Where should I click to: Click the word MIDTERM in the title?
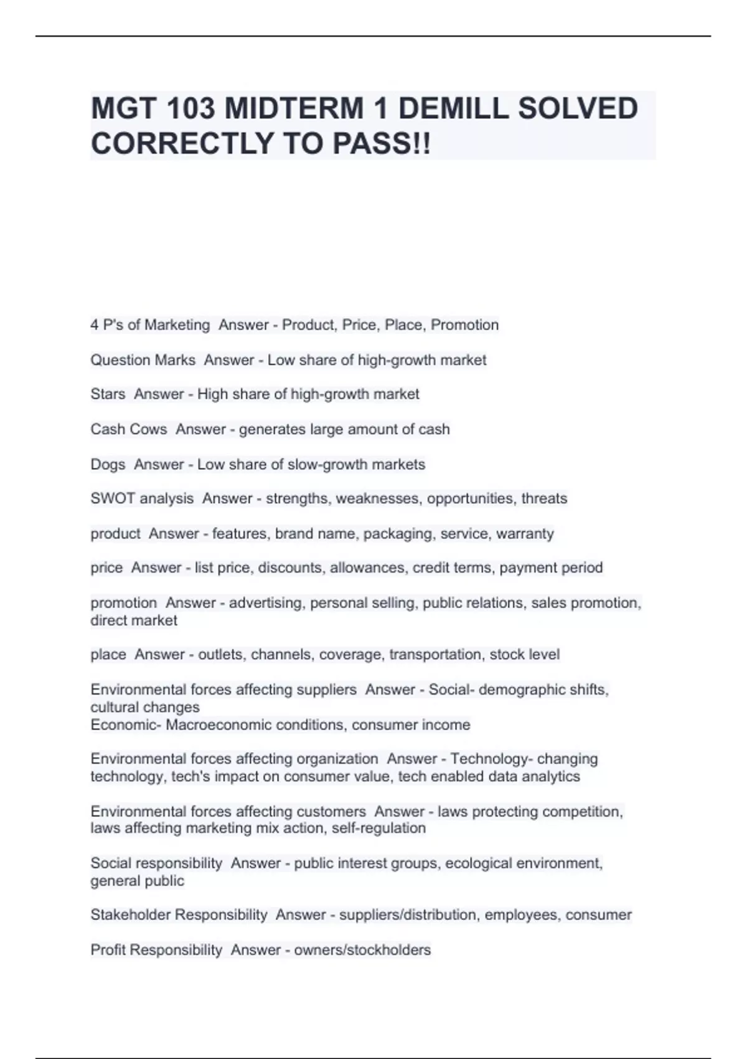294,109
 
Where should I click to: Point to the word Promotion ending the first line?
464,325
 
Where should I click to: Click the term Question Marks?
143,360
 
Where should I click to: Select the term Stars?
108,394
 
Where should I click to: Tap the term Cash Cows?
128,429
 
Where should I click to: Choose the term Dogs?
108,464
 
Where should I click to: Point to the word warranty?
525,534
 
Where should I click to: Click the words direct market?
134,620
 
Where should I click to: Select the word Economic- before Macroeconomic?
126,725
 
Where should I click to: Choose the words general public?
137,881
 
